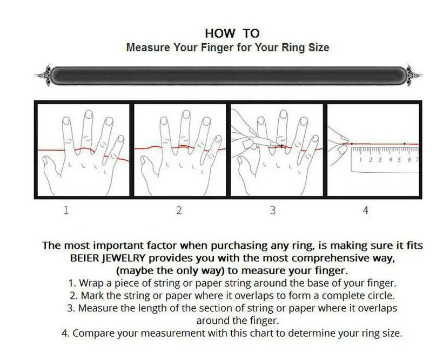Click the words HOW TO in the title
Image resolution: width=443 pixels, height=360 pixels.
tap(232, 33)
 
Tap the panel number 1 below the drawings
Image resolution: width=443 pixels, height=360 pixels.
tap(66, 210)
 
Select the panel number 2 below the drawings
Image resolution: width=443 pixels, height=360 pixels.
tap(179, 210)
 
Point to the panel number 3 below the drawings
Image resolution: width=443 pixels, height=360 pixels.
tap(273, 210)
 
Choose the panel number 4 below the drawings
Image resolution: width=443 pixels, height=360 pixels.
tap(366, 210)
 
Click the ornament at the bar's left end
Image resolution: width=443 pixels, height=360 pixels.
tap(43, 75)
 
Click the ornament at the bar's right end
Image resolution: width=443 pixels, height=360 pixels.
tap(414, 75)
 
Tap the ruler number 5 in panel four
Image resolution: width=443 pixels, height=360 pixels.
tap(399, 160)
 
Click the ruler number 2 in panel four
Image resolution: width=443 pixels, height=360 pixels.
tap(371, 160)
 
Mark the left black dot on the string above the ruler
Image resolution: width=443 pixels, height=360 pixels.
tap(352, 144)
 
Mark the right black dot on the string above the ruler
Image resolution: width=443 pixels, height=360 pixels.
tap(405, 144)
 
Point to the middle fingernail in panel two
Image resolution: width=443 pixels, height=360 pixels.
tap(186, 114)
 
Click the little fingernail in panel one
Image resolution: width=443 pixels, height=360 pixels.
tap(120, 139)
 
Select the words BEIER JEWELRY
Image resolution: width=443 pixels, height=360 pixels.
tap(108, 258)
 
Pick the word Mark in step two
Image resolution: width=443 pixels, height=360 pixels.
tap(93, 296)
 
